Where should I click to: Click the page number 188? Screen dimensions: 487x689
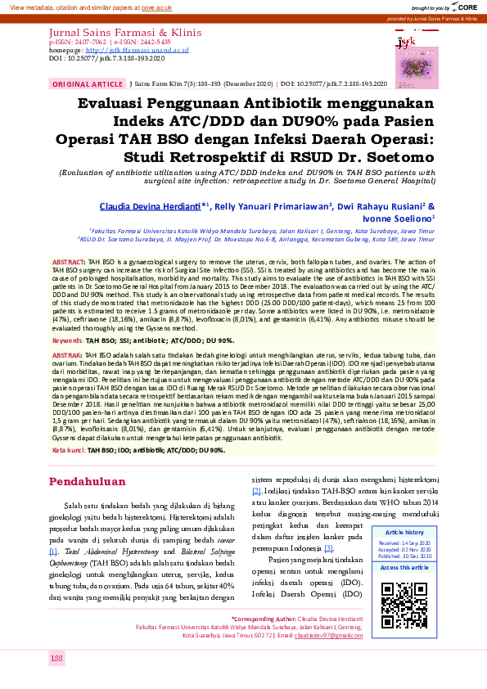(56, 659)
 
